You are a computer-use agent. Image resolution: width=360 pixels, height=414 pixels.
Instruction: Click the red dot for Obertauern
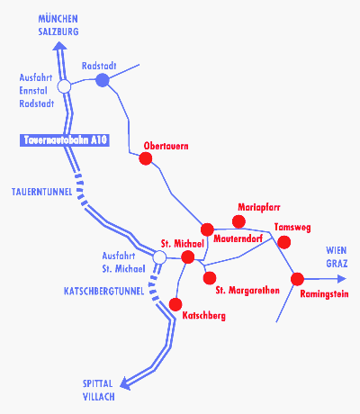click(146, 158)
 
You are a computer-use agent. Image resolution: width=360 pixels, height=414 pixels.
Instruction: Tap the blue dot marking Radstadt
click(103, 80)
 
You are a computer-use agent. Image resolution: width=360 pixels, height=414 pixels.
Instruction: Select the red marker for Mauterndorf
click(207, 229)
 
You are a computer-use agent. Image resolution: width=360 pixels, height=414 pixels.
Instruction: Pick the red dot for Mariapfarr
click(238, 221)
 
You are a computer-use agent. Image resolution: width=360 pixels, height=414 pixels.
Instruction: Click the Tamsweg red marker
click(283, 242)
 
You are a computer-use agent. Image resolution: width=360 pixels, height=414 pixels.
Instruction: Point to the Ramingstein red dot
click(297, 279)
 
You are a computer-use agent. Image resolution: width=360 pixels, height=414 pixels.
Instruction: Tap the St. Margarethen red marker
click(210, 278)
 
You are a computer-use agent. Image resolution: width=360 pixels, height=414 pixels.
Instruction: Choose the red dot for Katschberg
click(175, 304)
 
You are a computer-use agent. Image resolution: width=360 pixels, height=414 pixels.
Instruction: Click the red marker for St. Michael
click(188, 257)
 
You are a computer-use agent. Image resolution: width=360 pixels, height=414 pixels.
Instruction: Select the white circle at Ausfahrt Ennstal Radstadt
click(64, 86)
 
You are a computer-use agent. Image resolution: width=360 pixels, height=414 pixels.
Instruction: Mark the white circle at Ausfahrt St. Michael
click(159, 257)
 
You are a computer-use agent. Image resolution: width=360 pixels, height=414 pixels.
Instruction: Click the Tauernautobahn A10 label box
click(65, 140)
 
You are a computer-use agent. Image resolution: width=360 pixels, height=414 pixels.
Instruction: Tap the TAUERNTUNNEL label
click(41, 192)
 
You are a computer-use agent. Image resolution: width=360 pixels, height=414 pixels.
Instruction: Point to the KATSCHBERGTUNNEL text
click(104, 291)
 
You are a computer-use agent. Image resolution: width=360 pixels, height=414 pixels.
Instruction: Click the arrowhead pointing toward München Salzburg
click(59, 46)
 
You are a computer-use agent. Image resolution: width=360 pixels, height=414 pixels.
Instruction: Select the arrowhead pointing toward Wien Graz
click(342, 279)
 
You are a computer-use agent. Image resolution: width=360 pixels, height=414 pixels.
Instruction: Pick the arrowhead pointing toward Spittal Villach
click(125, 383)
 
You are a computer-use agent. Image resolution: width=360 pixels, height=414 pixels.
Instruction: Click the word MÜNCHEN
click(58, 19)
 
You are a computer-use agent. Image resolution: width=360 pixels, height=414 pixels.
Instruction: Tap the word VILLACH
click(99, 397)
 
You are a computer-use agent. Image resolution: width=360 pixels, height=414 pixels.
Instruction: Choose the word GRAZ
click(337, 264)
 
